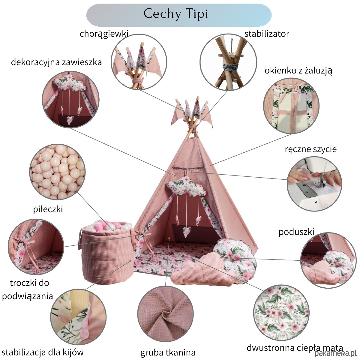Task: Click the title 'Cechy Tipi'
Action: click(x=176, y=14)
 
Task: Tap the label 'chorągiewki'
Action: click(x=104, y=34)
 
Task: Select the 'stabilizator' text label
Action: click(x=266, y=34)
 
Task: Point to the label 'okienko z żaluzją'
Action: click(x=298, y=70)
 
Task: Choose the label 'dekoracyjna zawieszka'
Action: click(x=56, y=62)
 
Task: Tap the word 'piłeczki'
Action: click(x=48, y=209)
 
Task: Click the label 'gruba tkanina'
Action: click(x=168, y=352)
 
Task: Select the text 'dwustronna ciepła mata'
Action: click(x=295, y=348)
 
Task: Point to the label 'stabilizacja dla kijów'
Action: click(x=43, y=352)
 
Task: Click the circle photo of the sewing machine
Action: click(x=314, y=183)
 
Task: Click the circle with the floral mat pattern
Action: click(x=281, y=312)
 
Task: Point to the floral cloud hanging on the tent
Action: click(x=186, y=186)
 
